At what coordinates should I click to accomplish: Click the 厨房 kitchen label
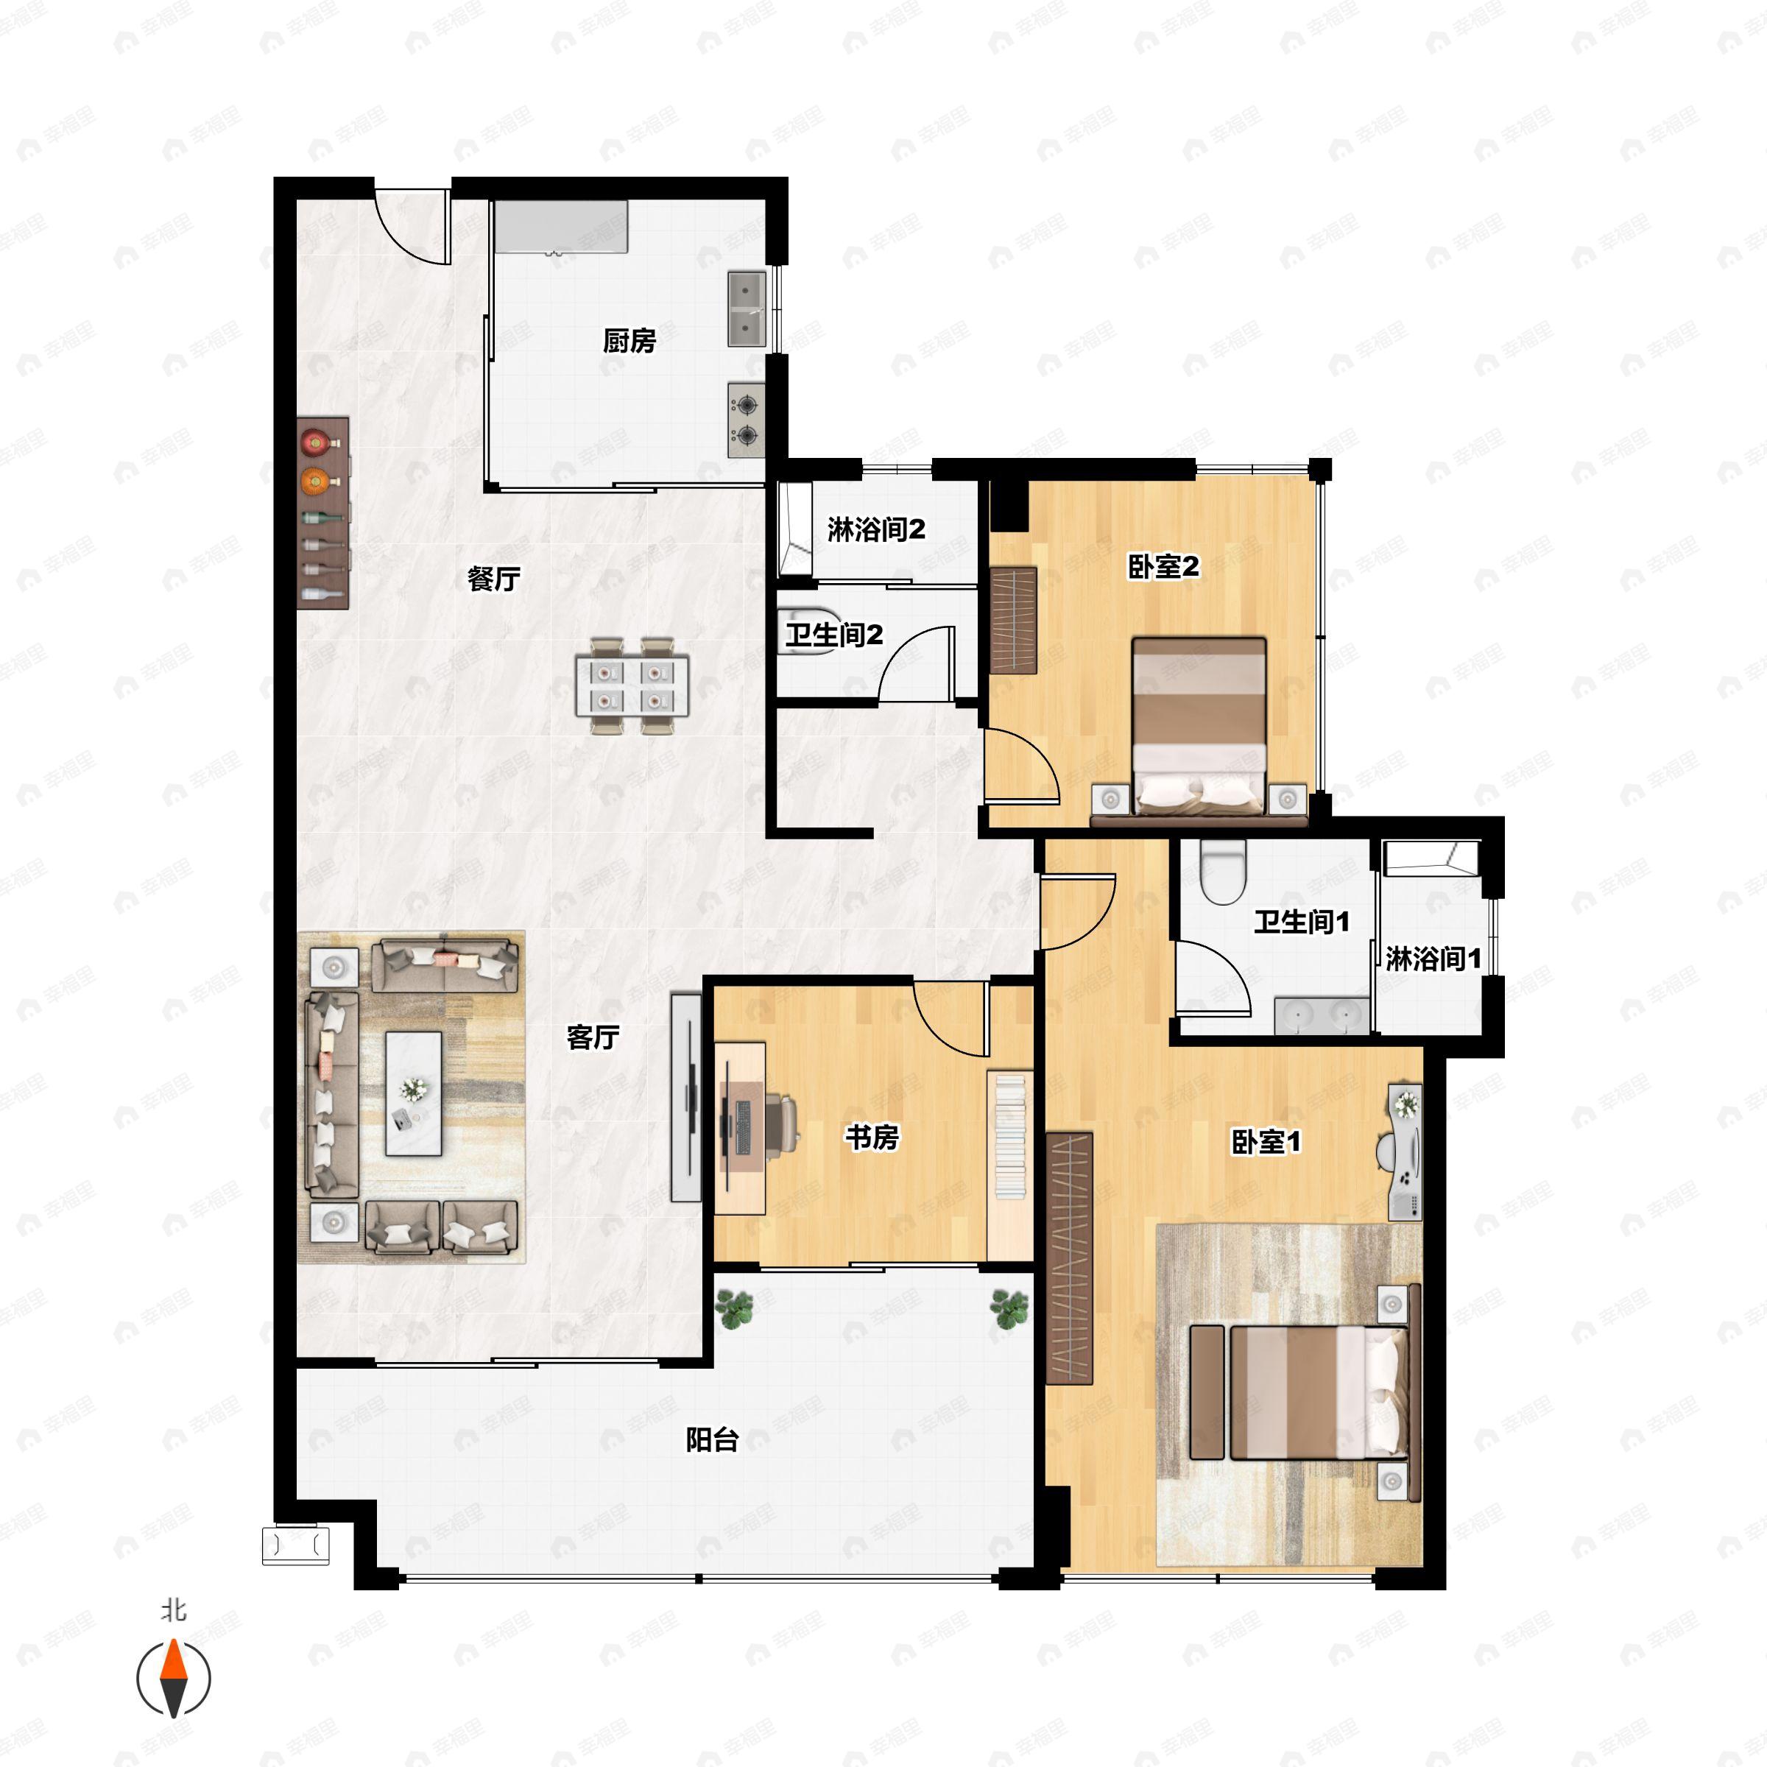click(629, 340)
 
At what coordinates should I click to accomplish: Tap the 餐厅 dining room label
click(494, 578)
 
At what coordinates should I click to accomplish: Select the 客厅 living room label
click(593, 1037)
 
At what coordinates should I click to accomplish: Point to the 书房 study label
click(872, 1137)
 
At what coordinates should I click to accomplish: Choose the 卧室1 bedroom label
click(1266, 1141)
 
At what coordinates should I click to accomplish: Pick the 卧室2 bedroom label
click(1163, 567)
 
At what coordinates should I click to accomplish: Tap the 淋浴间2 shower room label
click(876, 529)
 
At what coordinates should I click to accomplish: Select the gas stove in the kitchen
click(747, 420)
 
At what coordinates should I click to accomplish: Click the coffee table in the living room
click(413, 1094)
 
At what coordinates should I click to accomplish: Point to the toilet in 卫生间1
click(1223, 872)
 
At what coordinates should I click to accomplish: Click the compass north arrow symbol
click(174, 1679)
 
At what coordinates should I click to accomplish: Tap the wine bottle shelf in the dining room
click(324, 513)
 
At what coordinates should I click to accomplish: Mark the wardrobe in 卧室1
click(1070, 1258)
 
